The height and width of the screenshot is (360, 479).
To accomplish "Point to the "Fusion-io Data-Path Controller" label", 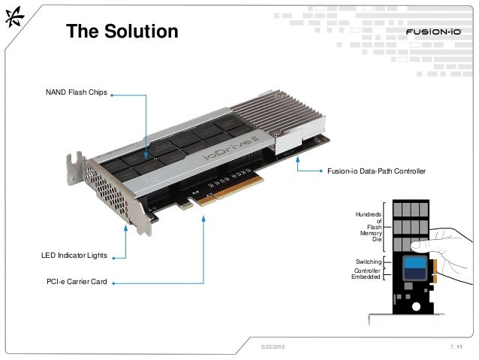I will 376,173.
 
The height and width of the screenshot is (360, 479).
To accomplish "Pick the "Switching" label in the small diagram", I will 369,261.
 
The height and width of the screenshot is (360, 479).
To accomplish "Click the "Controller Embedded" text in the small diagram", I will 367,274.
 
